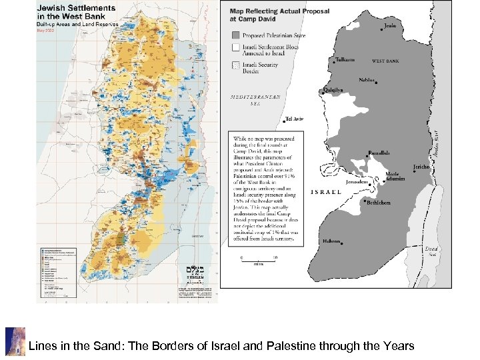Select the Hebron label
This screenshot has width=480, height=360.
pos(331,242)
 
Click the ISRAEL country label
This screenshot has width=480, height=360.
pos(327,192)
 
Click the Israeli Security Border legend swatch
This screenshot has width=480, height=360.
pos(235,66)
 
